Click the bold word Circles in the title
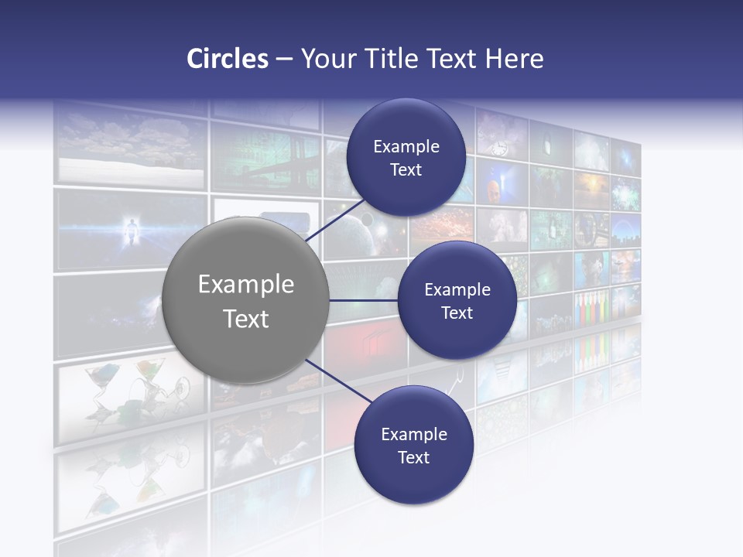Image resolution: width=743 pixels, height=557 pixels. (x=227, y=59)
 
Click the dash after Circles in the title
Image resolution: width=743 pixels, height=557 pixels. (x=284, y=60)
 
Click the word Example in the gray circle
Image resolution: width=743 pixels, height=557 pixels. (x=246, y=285)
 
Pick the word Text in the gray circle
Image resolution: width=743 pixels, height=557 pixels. (x=246, y=319)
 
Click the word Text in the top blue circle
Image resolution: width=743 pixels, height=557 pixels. (x=406, y=170)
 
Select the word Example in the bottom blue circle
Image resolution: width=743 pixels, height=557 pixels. (x=414, y=434)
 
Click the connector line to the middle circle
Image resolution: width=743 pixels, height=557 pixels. (x=364, y=300)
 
